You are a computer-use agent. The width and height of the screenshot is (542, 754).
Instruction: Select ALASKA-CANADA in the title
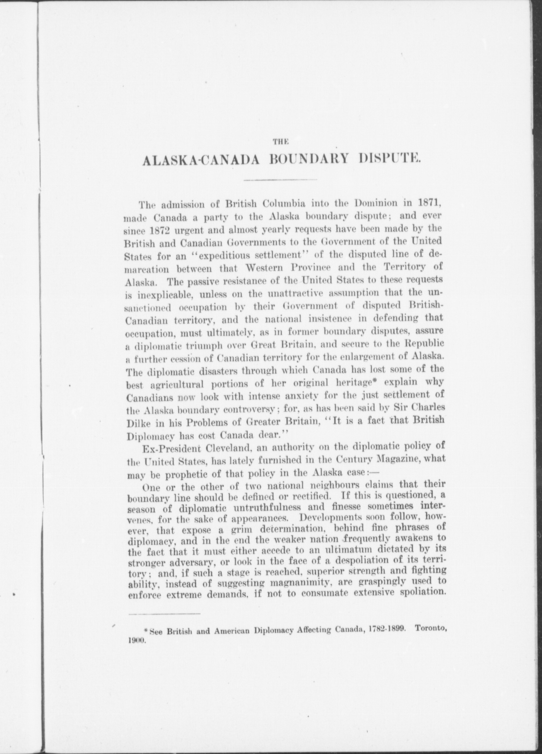coord(200,159)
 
